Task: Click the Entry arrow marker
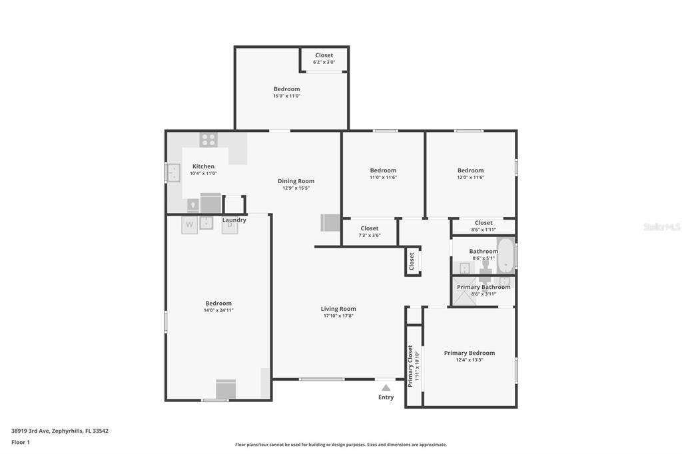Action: pyautogui.click(x=386, y=387)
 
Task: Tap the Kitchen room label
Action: pyautogui.click(x=203, y=166)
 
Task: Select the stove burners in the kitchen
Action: pyautogui.click(x=208, y=140)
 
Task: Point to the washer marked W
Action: pyautogui.click(x=189, y=225)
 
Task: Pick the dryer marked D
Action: pyautogui.click(x=230, y=225)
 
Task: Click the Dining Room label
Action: pyautogui.click(x=296, y=181)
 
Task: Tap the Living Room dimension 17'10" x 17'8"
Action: pyautogui.click(x=338, y=316)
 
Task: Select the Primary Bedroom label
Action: pyautogui.click(x=470, y=353)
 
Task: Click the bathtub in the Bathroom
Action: pyautogui.click(x=506, y=256)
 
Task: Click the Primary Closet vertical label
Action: pyautogui.click(x=410, y=365)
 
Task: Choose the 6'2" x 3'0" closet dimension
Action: pyautogui.click(x=324, y=62)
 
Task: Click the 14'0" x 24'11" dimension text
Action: pyautogui.click(x=218, y=310)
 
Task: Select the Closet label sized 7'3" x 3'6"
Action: pyautogui.click(x=370, y=228)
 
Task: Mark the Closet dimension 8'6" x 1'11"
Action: pyautogui.click(x=484, y=230)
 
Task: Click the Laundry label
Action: pyautogui.click(x=234, y=220)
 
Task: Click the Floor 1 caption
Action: pyautogui.click(x=21, y=442)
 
